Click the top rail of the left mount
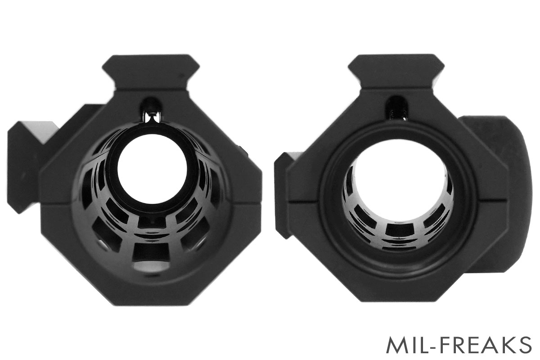click(x=151, y=72)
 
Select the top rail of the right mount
click(x=396, y=72)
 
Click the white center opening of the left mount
click(x=153, y=169)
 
